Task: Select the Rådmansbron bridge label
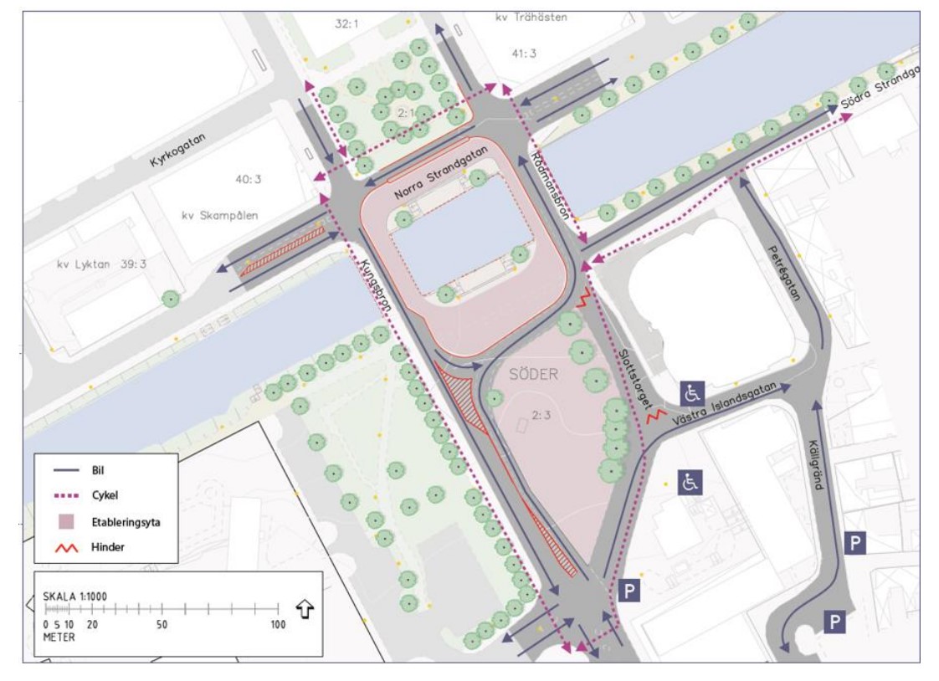coord(552,186)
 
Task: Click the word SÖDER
coord(531,376)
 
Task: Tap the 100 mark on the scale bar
coord(277,624)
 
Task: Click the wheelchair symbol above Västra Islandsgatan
coord(694,392)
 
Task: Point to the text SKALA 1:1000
coord(74,596)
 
